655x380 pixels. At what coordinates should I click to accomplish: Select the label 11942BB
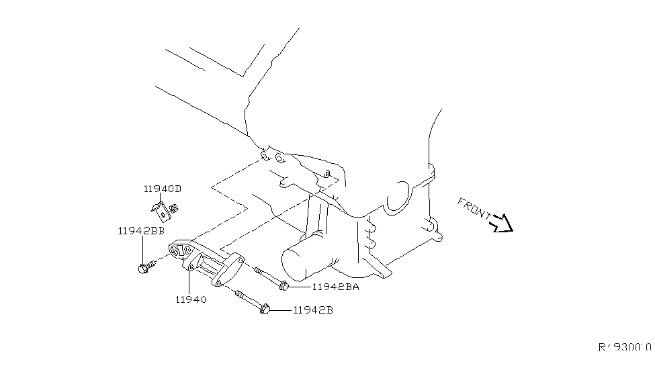pos(141,230)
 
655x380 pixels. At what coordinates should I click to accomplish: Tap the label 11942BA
pos(336,287)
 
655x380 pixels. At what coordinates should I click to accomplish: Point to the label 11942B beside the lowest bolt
pos(313,311)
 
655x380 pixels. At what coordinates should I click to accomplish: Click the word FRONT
pos(474,209)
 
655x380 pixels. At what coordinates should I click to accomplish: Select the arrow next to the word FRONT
pos(503,224)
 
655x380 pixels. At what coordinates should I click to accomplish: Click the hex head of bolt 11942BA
pos(283,287)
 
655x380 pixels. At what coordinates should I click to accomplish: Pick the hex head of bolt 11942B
pos(264,310)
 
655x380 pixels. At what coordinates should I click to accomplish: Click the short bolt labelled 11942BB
pos(144,268)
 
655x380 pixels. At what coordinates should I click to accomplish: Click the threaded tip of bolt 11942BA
pos(258,271)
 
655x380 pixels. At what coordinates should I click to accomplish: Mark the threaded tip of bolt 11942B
pos(238,292)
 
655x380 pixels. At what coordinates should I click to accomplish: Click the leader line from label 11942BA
pos(299,287)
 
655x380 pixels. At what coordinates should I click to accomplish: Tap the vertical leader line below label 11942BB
pos(142,248)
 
